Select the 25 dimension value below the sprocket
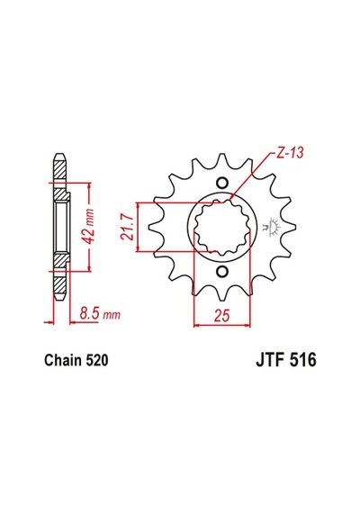point(222,315)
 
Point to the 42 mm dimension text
point(88,226)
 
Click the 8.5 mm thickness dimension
point(100,314)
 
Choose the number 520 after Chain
point(96,360)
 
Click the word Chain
point(63,360)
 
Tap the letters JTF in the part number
point(270,360)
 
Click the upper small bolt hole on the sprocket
point(222,182)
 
